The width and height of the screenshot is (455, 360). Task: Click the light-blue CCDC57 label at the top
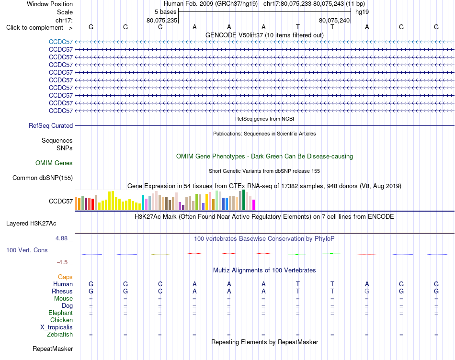tap(61, 42)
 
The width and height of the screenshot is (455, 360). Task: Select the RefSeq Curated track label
tap(51, 125)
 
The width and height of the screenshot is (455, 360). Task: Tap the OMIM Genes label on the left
tap(54, 163)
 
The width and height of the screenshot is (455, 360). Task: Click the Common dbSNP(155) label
tap(43, 178)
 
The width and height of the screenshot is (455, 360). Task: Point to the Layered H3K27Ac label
tap(31, 224)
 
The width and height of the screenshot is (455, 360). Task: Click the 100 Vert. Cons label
tap(27, 250)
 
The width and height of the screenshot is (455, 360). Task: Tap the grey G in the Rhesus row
tap(367, 291)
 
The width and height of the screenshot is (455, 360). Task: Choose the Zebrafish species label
tap(60, 335)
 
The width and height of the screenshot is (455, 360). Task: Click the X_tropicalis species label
tap(57, 327)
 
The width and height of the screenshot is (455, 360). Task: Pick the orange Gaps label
tap(65, 277)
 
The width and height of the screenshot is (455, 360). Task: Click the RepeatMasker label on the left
tap(53, 349)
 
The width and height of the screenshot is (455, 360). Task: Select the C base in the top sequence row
tap(160, 27)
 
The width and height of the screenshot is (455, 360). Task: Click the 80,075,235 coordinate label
tap(162, 20)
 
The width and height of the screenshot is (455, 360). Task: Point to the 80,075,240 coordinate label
tap(334, 20)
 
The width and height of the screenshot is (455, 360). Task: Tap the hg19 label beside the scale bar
tap(362, 12)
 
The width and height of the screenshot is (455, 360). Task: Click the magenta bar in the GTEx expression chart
tap(254, 205)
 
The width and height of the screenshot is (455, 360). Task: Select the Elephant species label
tap(61, 313)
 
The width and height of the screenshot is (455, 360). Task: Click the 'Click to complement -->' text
tap(39, 28)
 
